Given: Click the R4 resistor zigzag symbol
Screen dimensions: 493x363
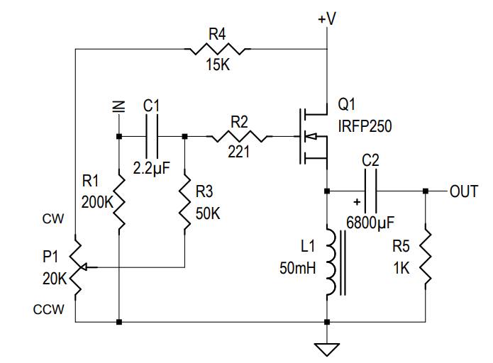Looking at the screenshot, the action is [218, 49].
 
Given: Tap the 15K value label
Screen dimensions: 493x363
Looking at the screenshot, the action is [218, 65].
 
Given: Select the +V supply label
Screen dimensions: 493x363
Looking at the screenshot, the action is [327, 18].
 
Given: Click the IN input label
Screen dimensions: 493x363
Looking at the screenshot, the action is [119, 106].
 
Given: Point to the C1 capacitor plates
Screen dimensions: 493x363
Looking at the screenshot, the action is [152, 136].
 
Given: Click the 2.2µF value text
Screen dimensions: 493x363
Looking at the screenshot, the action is [152, 168].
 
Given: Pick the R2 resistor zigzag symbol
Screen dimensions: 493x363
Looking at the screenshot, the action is [239, 136].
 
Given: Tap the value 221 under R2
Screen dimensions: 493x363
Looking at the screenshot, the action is [238, 152].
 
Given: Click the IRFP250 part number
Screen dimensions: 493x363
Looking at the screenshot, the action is [365, 126].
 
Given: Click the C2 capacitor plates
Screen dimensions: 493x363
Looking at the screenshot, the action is [370, 191].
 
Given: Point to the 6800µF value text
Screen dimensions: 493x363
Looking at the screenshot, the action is [370, 223].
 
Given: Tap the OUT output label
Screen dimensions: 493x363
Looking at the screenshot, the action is [464, 191].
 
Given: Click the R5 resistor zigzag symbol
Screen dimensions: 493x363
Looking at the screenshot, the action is [425, 257].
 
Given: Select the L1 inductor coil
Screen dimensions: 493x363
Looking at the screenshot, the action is [332, 262].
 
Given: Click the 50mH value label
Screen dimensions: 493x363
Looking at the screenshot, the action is [297, 269].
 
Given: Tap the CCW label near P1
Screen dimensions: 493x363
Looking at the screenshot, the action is [48, 310].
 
